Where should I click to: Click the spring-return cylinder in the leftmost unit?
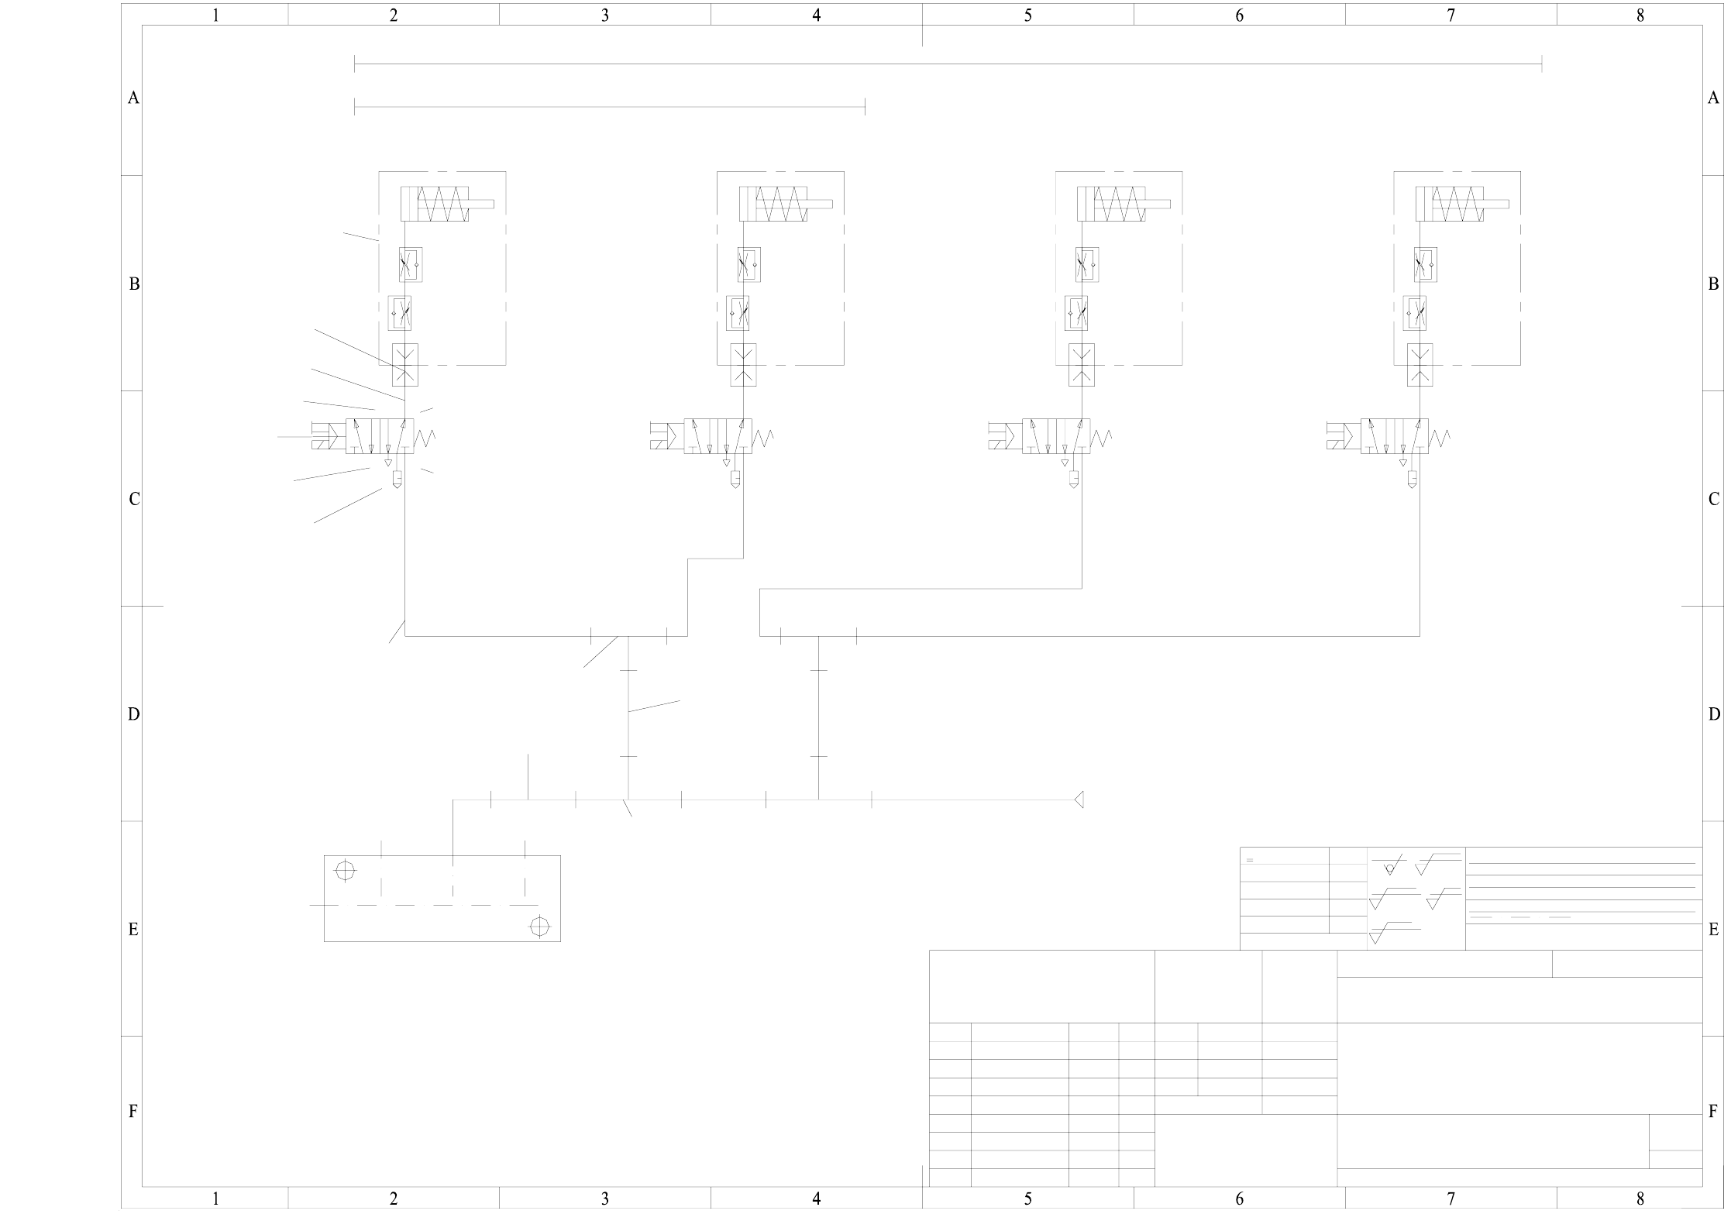pos(435,204)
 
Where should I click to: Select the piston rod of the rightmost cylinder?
pos(1495,205)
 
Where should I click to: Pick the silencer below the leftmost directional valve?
pos(397,479)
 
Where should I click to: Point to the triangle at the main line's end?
pos(1079,800)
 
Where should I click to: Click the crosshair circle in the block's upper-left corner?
pos(345,870)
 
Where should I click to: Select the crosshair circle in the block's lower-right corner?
pos(539,927)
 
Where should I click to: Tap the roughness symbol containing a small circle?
pos(1389,865)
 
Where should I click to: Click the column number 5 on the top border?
pos(1027,15)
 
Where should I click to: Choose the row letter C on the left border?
pos(133,499)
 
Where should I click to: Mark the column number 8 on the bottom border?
pos(1640,1199)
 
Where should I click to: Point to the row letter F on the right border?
pos(1713,1112)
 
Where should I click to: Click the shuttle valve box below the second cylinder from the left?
pos(743,365)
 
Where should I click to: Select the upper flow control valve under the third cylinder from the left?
pos(1087,265)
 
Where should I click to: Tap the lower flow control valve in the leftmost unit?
pos(400,313)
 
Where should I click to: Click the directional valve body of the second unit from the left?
pos(718,436)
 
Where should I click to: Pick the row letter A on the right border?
pos(1713,98)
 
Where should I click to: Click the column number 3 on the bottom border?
pos(604,1199)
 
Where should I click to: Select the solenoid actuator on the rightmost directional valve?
pos(1343,435)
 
